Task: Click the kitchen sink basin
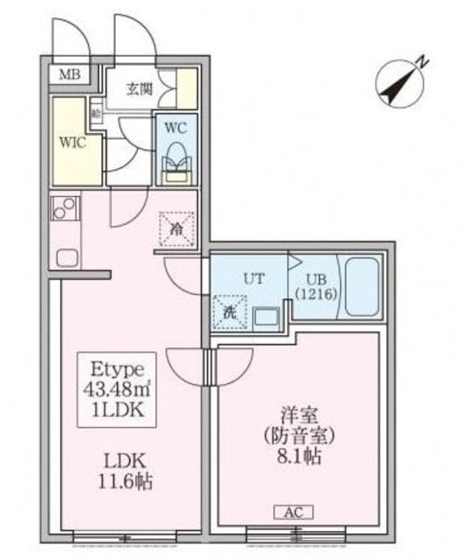(x=67, y=256)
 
